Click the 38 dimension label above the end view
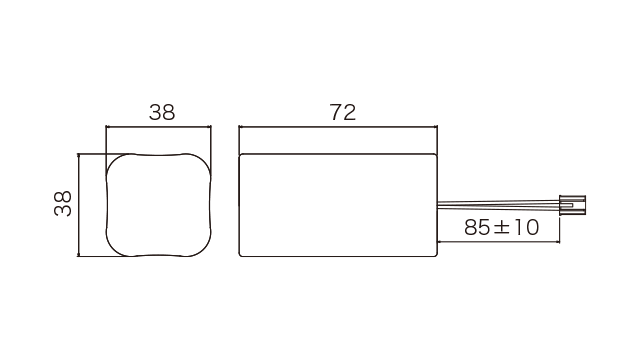162,112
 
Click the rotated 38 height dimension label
63,203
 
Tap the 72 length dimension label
342,112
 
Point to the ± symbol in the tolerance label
501,228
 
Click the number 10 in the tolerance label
526,227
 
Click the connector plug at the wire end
572,205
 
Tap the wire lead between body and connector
498,204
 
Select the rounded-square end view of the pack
159,205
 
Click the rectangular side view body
338,205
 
